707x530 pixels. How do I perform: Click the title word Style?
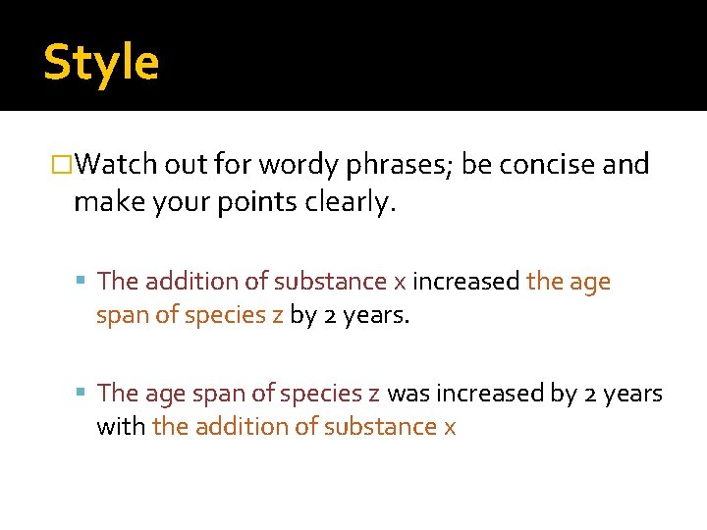click(100, 63)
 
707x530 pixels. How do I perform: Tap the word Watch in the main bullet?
click(110, 164)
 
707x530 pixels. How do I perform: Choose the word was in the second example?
click(407, 394)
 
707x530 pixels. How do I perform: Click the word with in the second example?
click(121, 427)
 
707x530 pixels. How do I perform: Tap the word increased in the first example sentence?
click(465, 282)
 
